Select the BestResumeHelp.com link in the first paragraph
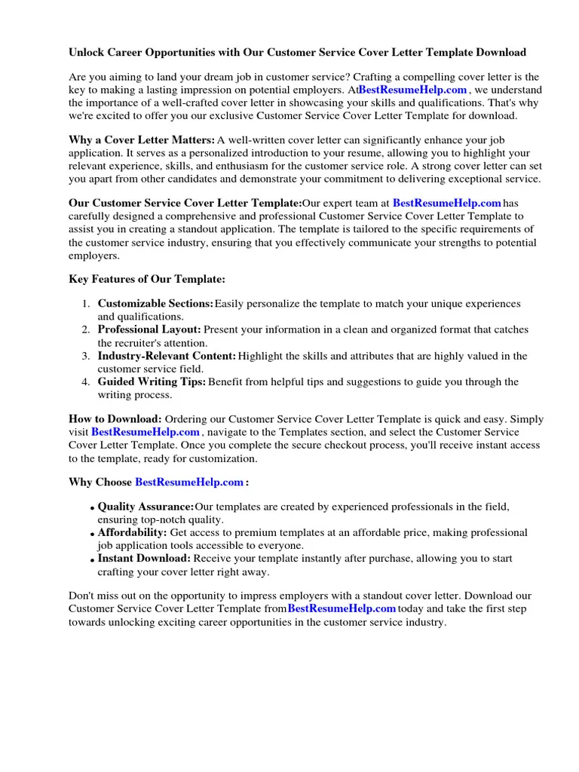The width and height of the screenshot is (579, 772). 412,90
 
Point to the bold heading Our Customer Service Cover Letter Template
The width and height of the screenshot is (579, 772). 185,203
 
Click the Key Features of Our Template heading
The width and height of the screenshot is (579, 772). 147,279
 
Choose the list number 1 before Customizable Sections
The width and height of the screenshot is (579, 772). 87,304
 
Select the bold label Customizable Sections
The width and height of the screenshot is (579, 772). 155,304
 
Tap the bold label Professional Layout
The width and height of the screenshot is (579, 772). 149,329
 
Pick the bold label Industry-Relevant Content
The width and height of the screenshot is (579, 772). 167,356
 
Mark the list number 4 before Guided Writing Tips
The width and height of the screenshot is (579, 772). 87,382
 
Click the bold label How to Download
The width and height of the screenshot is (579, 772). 115,419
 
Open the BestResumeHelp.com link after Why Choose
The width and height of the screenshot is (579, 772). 189,482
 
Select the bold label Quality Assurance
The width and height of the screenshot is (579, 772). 146,507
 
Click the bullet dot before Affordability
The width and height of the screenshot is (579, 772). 92,535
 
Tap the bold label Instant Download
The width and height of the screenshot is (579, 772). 144,559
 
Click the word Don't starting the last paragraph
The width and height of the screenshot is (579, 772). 82,596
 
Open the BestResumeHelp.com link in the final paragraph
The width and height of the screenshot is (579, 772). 342,608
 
